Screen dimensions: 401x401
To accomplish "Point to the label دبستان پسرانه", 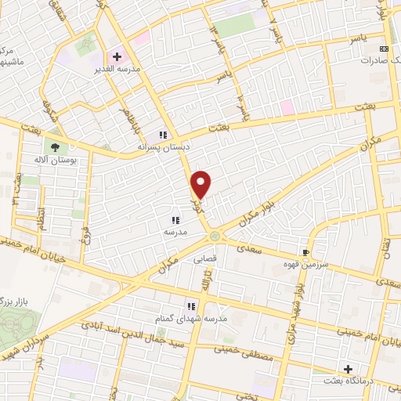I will pyautogui.click(x=163, y=146).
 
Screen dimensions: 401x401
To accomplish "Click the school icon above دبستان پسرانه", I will pyautogui.click(x=163, y=134).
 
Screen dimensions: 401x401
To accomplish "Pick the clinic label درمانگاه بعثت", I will pyautogui.click(x=349, y=381).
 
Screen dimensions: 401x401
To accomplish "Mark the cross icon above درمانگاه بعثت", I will pyautogui.click(x=348, y=368).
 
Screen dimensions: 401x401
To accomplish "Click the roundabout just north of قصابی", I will pyautogui.click(x=214, y=236).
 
